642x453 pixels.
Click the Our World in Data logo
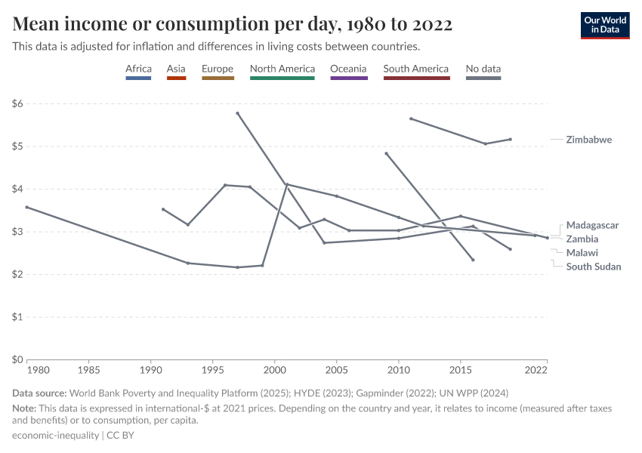[x=604, y=25]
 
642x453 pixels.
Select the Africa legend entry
[x=138, y=69]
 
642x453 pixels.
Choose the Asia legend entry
[x=176, y=69]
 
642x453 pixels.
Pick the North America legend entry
[x=282, y=69]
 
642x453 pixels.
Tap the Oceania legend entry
[x=348, y=69]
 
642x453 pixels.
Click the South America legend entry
[x=415, y=69]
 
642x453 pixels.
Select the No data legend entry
[x=483, y=69]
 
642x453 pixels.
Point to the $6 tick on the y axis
[x=17, y=103]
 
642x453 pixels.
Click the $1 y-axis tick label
[x=17, y=317]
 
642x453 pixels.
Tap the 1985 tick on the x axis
[x=89, y=371]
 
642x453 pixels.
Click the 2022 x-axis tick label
[x=536, y=371]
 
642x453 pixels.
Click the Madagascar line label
[x=592, y=225]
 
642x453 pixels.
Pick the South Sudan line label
[x=594, y=267]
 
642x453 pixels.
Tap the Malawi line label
[x=582, y=253]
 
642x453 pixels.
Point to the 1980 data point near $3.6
[x=27, y=207]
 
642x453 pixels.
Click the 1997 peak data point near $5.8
[x=237, y=113]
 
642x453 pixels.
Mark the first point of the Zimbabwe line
[x=411, y=119]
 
